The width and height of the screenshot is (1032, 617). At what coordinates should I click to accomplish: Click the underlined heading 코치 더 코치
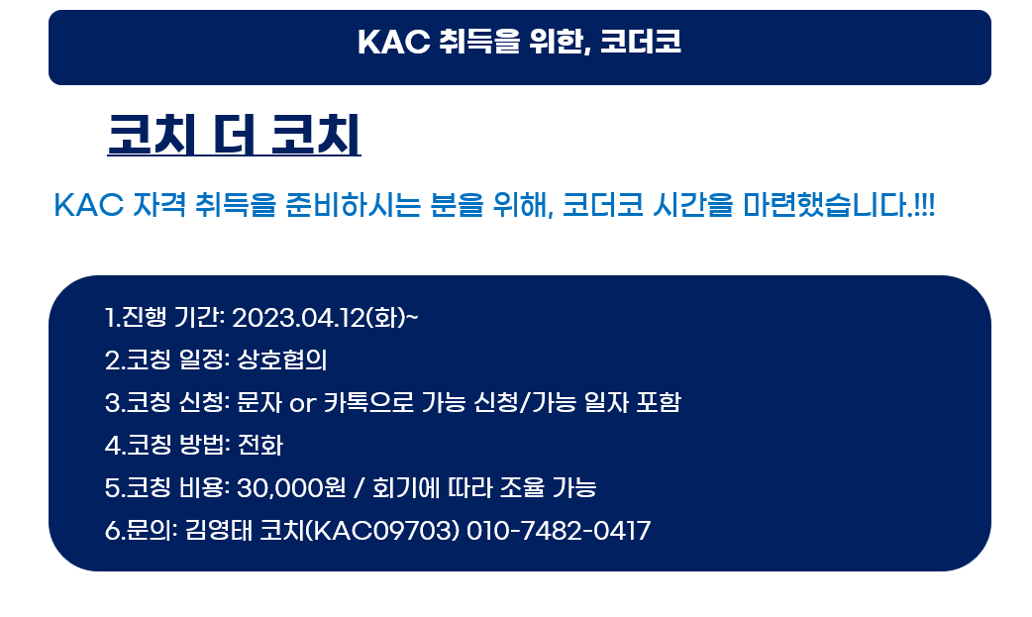pyautogui.click(x=235, y=135)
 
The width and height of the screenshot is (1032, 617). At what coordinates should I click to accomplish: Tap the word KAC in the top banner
pyautogui.click(x=393, y=42)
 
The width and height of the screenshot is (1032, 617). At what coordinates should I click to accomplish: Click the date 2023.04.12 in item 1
pyautogui.click(x=299, y=317)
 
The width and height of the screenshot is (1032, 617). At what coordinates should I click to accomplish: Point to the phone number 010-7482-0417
pyautogui.click(x=559, y=531)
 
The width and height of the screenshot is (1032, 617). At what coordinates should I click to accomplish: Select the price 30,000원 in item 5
pyautogui.click(x=291, y=488)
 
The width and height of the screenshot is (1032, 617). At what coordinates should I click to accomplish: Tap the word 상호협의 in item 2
pyautogui.click(x=281, y=360)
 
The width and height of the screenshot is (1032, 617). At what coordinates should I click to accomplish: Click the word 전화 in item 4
pyautogui.click(x=259, y=445)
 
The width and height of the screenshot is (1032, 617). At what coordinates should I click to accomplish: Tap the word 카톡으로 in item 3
pyautogui.click(x=368, y=402)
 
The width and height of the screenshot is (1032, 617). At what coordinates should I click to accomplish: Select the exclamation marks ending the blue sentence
pyautogui.click(x=925, y=205)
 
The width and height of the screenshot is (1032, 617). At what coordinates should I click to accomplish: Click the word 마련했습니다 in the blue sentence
pyautogui.click(x=827, y=205)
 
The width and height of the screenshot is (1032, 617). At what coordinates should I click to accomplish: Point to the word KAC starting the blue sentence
pyautogui.click(x=89, y=205)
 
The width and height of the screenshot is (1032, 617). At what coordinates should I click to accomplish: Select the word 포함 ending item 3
pyautogui.click(x=659, y=402)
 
